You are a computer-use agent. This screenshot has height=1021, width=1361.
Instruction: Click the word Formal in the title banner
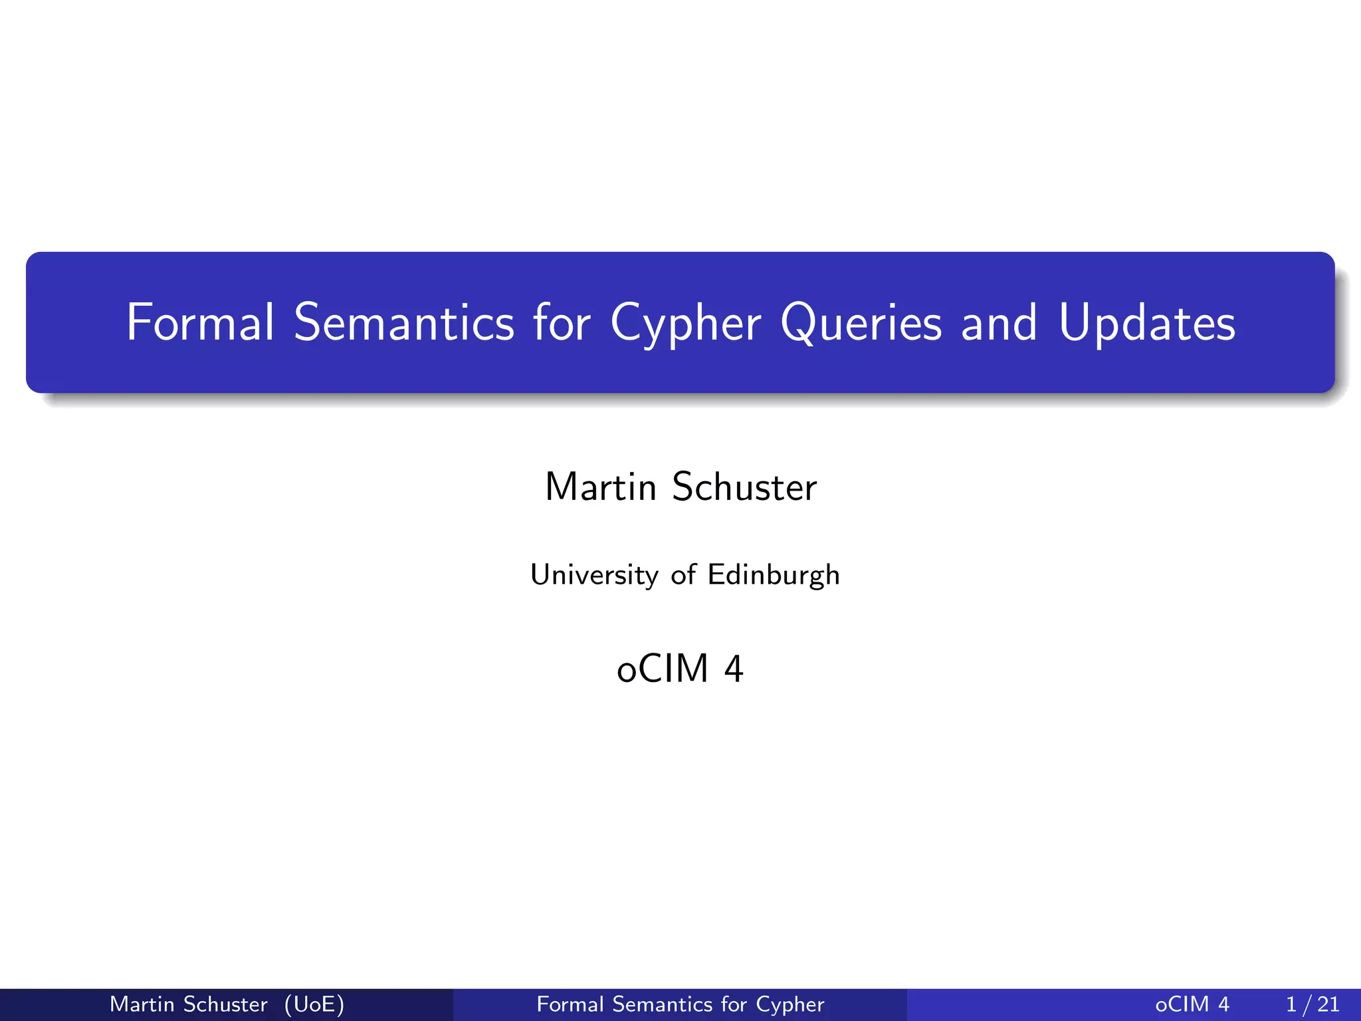(x=199, y=322)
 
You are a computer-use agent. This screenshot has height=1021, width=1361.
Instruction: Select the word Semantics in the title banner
(x=404, y=322)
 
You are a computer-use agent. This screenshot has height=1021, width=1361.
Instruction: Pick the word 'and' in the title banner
(x=999, y=322)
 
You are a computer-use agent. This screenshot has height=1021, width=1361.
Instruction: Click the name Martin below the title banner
(x=601, y=487)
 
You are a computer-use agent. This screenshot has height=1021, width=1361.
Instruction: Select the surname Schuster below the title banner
(x=744, y=487)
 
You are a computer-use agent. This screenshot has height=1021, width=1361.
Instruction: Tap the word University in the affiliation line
(x=594, y=575)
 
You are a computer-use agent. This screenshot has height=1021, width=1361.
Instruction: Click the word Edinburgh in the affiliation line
(x=774, y=575)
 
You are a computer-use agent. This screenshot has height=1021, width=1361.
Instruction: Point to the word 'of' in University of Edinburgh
(x=683, y=575)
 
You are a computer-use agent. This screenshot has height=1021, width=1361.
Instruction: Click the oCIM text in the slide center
(x=663, y=669)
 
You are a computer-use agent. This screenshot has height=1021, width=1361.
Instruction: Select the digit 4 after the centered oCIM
(x=734, y=669)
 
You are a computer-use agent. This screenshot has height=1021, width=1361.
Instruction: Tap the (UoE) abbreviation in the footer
(x=314, y=1004)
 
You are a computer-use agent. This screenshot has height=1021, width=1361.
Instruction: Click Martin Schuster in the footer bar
(x=189, y=1004)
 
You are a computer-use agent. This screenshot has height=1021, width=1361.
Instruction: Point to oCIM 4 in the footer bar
(x=1192, y=1004)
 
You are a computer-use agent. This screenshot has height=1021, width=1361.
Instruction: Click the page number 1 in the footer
(x=1291, y=1004)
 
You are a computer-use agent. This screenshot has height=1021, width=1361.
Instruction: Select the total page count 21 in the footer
(x=1328, y=1004)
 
